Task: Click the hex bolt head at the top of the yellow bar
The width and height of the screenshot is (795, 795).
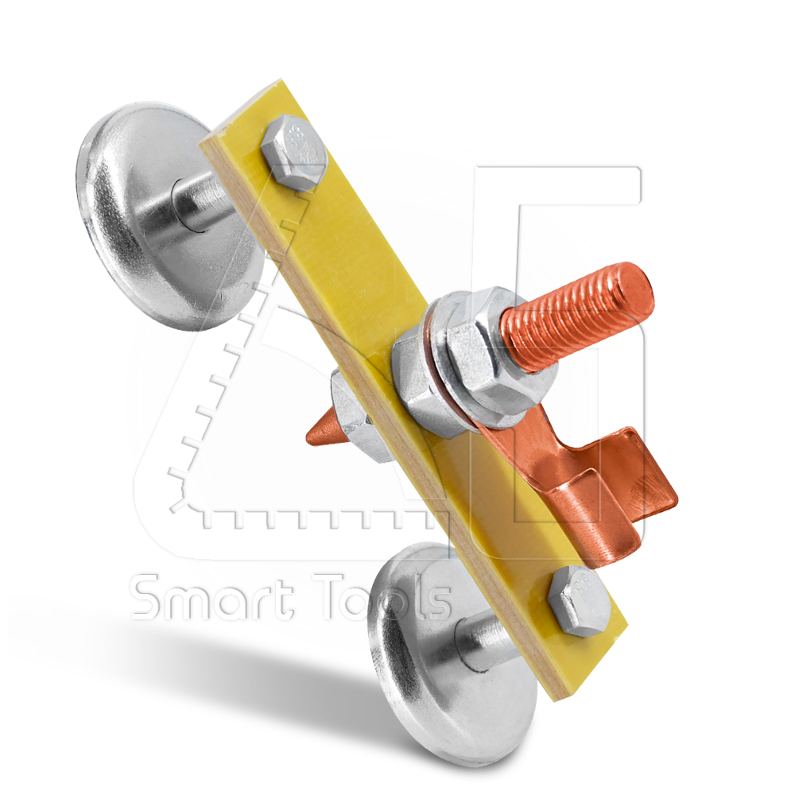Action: point(295,152)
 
